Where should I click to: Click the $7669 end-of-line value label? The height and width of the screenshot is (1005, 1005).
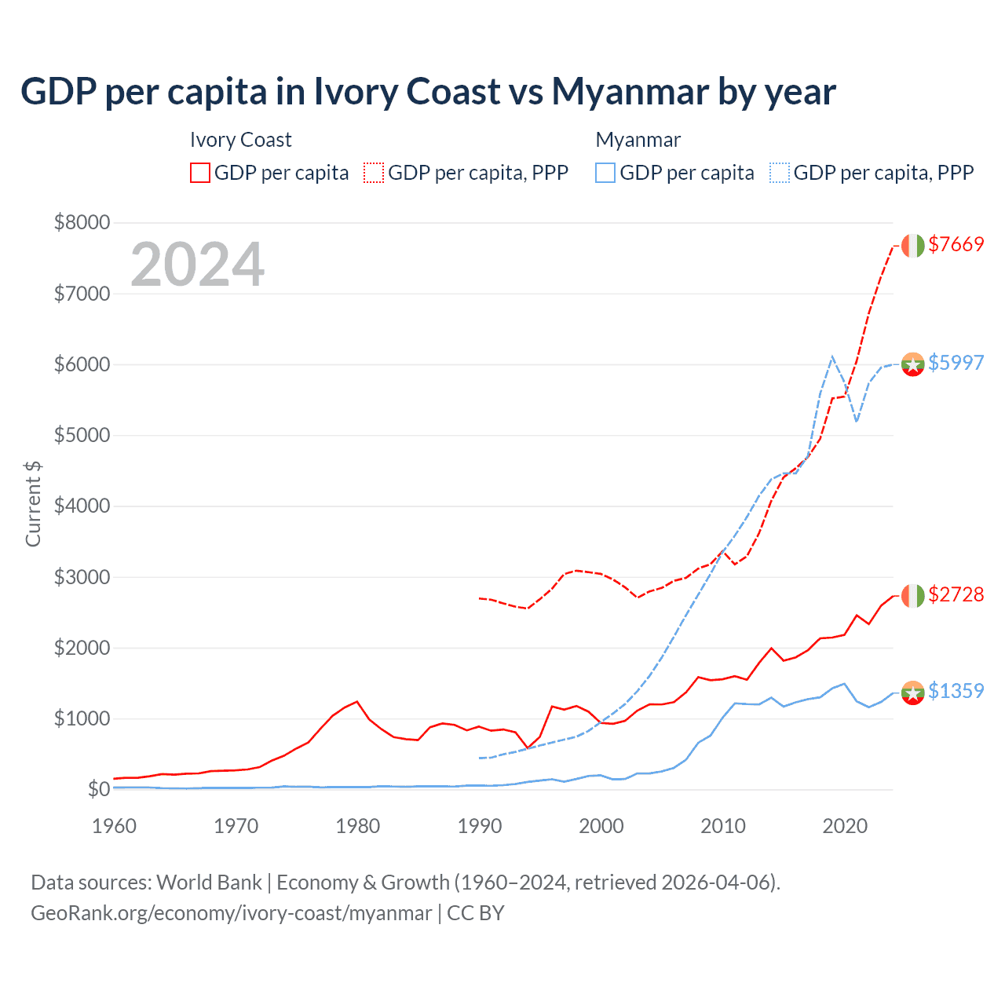(x=956, y=244)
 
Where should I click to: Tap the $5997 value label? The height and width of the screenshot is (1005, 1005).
(x=956, y=363)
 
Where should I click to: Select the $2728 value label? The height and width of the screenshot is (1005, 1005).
(x=956, y=594)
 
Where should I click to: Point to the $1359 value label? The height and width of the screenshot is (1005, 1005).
(x=956, y=691)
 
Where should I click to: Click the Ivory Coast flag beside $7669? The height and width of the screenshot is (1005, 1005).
(x=912, y=245)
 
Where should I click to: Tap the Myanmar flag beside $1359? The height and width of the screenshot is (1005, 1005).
(x=912, y=693)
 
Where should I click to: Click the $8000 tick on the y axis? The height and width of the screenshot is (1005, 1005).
(x=82, y=222)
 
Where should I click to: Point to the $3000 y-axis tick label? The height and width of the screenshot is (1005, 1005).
(x=82, y=577)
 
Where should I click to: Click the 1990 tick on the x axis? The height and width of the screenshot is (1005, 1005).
(x=480, y=826)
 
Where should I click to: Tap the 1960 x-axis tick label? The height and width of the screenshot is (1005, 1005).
(x=115, y=826)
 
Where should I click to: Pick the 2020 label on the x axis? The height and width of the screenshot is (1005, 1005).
(x=845, y=826)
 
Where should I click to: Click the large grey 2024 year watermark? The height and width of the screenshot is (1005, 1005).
(x=197, y=265)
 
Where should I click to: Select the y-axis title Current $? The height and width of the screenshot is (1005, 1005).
(x=33, y=504)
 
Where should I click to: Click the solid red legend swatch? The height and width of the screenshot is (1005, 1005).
(x=200, y=173)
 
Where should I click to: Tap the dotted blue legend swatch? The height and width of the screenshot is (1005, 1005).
(x=780, y=173)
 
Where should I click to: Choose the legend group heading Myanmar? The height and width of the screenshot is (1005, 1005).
(x=638, y=140)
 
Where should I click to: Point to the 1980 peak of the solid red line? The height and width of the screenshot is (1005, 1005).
(x=357, y=701)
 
